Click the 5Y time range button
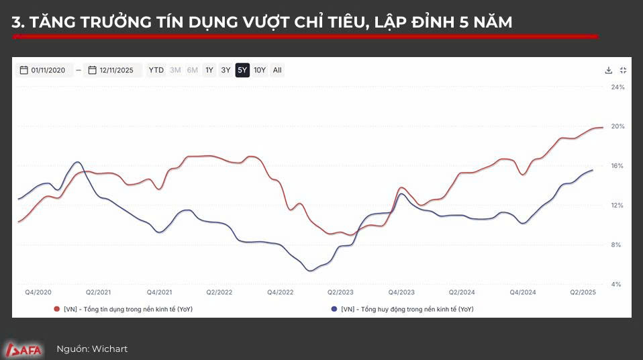242,70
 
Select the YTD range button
156,70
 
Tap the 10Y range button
260,70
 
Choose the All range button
277,70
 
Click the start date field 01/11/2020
43,70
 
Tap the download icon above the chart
609,70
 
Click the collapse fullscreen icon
623,70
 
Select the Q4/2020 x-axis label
38,292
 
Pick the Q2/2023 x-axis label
340,292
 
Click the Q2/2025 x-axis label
583,292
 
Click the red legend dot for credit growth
56,309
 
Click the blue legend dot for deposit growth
334,309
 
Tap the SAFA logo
24,349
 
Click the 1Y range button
209,70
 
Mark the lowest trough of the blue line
309,271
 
